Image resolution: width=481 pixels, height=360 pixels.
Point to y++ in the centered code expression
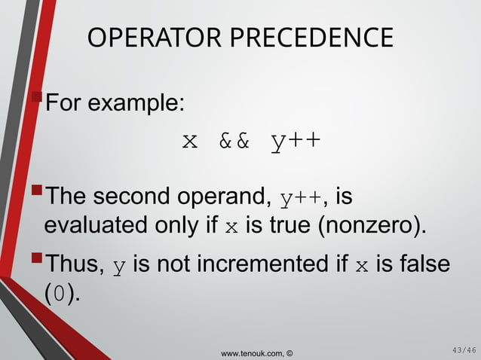(296, 141)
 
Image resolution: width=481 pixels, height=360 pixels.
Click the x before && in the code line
(190, 141)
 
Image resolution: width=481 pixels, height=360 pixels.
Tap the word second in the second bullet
(132, 199)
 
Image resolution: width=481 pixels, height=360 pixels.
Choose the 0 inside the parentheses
(60, 292)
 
